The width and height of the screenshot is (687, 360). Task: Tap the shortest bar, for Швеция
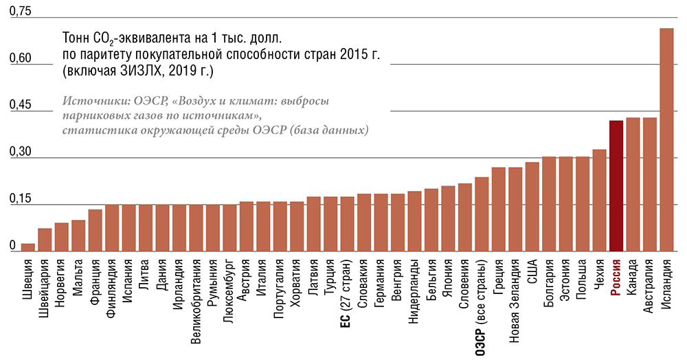[28, 247]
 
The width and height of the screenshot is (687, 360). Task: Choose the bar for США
[532, 206]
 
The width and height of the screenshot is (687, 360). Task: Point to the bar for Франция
[95, 230]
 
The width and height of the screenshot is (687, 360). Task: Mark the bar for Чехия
[599, 200]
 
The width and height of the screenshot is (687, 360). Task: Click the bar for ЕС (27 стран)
[347, 224]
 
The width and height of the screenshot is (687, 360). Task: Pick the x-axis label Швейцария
[45, 289]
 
